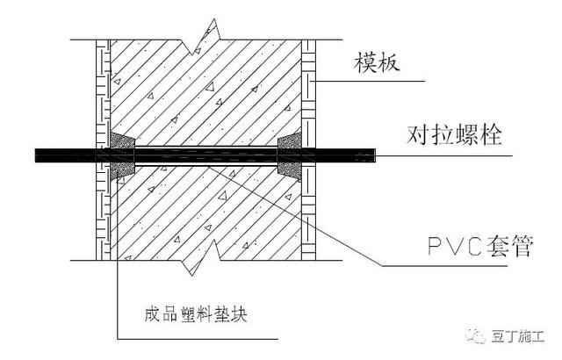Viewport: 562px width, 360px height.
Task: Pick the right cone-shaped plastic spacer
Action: pos(289,155)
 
